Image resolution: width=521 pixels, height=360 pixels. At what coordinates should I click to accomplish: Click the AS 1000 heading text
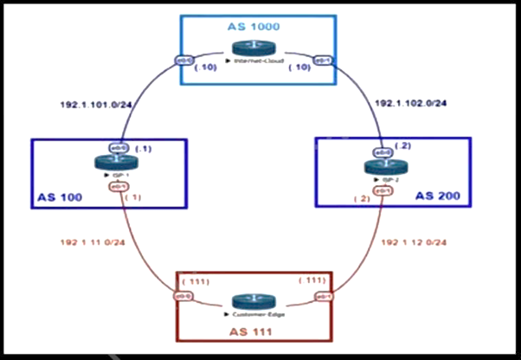point(254,27)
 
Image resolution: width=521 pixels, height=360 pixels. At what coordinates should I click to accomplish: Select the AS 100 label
point(59,197)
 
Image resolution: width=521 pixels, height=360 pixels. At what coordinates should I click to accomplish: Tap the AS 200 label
point(443,197)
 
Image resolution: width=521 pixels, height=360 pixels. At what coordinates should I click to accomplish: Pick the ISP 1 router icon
point(119,164)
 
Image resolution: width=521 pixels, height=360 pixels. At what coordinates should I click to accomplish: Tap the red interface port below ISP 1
point(119,186)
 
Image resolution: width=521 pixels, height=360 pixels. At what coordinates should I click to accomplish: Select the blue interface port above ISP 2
point(383,151)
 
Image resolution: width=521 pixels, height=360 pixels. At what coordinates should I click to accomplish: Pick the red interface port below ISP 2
point(383,190)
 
